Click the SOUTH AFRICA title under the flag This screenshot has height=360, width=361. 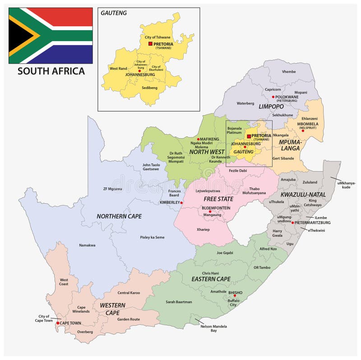[51, 71]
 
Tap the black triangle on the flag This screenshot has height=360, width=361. [17, 35]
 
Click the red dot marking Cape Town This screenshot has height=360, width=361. [57, 323]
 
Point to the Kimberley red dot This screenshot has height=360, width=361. [181, 203]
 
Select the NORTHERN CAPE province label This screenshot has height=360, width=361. [119, 216]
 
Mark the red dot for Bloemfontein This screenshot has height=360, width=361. [210, 211]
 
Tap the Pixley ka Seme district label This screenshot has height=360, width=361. [152, 237]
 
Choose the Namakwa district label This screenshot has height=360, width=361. [87, 245]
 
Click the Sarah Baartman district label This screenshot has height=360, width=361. [179, 302]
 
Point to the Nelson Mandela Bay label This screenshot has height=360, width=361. [214, 328]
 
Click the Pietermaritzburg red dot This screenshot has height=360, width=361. [292, 223]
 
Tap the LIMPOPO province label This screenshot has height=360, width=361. [271, 107]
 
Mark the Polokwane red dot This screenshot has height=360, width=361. [273, 97]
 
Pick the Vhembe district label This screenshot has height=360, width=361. [289, 72]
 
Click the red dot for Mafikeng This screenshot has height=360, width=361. [198, 139]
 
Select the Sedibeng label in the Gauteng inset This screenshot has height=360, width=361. [149, 88]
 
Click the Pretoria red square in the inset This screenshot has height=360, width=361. [150, 43]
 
